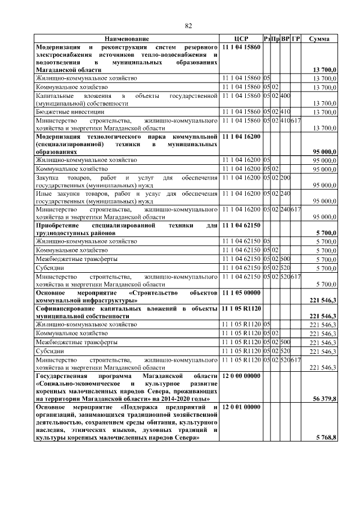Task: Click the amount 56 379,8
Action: (323, 398)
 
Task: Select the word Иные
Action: (43, 193)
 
